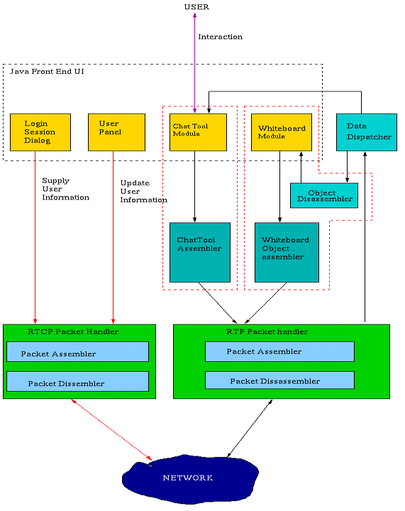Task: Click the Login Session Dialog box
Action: [x=40, y=132]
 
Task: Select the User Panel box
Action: [x=116, y=132]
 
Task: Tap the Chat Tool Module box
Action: [x=198, y=132]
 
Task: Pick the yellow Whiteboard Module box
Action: [x=282, y=132]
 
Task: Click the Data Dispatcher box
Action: [x=367, y=132]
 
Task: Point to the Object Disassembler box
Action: [x=324, y=196]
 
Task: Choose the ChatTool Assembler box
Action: [x=200, y=252]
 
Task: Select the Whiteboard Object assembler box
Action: [x=287, y=252]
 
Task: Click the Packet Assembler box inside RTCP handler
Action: [x=77, y=351]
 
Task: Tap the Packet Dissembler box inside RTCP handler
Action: [x=77, y=381]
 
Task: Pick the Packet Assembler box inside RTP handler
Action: [x=279, y=351]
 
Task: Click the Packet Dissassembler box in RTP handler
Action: [x=279, y=380]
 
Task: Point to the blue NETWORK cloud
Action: [x=191, y=478]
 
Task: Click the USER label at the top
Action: [x=196, y=7]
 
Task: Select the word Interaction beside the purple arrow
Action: [x=221, y=37]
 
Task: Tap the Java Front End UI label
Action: [x=48, y=72]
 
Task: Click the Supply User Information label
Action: [x=65, y=189]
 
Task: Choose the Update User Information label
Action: [x=143, y=192]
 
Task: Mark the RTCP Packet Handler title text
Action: [x=73, y=331]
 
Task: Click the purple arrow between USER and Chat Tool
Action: [x=194, y=63]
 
